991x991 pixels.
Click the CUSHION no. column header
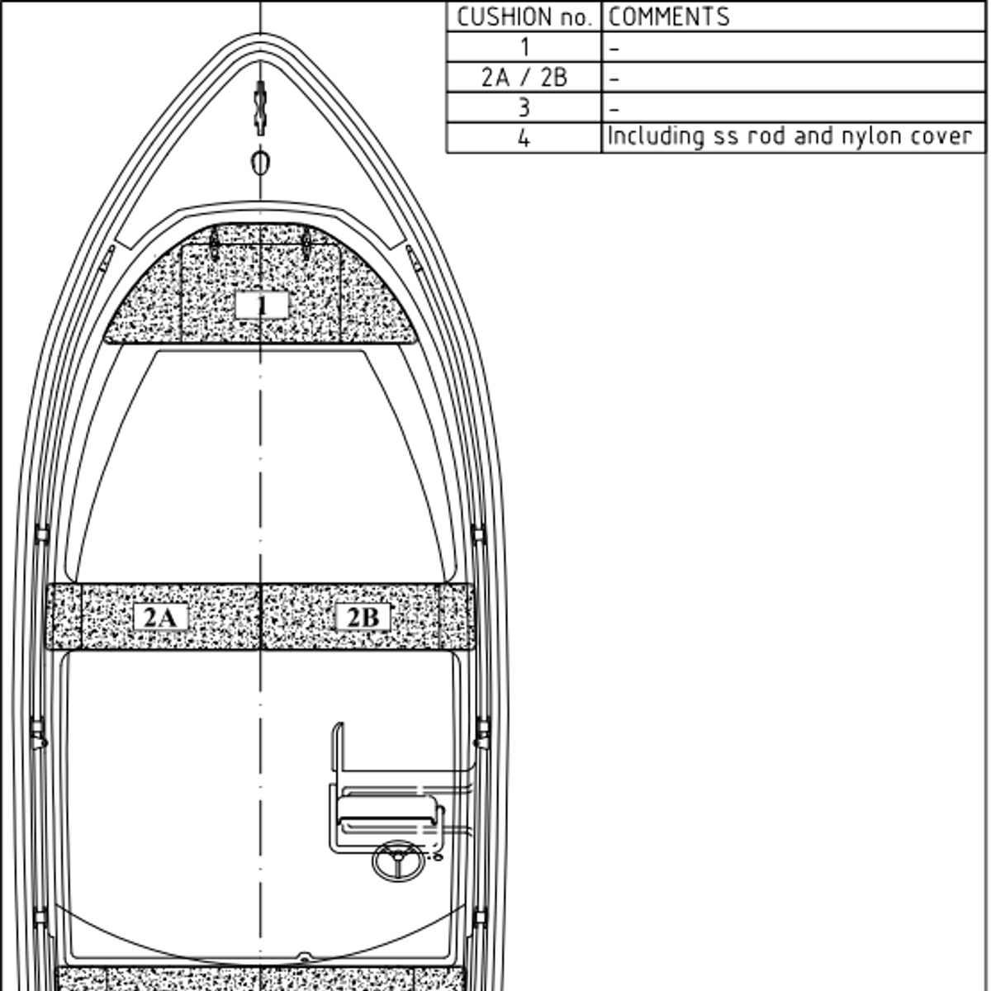pyautogui.click(x=524, y=17)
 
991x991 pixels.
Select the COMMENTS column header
pyautogui.click(x=669, y=17)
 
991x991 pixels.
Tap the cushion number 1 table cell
pyautogui.click(x=524, y=47)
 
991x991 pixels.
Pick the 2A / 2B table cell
pyautogui.click(x=524, y=78)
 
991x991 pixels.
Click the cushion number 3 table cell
pyautogui.click(x=524, y=108)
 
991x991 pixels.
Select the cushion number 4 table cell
pyautogui.click(x=524, y=139)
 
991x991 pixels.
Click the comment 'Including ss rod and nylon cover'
pyautogui.click(x=789, y=137)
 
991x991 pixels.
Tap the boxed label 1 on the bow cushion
pyautogui.click(x=262, y=306)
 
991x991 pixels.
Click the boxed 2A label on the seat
pyautogui.click(x=160, y=617)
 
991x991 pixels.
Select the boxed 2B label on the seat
pyautogui.click(x=363, y=617)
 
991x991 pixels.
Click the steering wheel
pyautogui.click(x=399, y=861)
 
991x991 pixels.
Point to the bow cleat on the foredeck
pyautogui.click(x=260, y=107)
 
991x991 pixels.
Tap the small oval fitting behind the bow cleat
pyautogui.click(x=260, y=163)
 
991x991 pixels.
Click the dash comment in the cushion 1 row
pyautogui.click(x=614, y=50)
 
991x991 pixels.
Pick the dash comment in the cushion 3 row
pyautogui.click(x=614, y=110)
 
